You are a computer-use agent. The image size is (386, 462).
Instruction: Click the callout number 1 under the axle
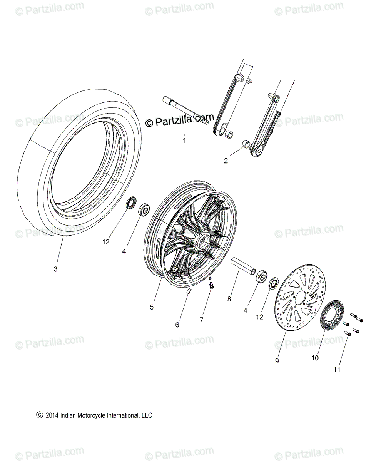(x=184, y=141)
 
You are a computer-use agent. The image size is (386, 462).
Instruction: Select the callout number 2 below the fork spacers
(x=226, y=161)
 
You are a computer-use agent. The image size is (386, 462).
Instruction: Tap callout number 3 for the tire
(x=55, y=269)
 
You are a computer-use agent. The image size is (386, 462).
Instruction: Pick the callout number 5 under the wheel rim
(x=152, y=307)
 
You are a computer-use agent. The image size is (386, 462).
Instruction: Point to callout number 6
(x=177, y=325)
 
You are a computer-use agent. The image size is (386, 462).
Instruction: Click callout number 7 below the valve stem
(x=201, y=319)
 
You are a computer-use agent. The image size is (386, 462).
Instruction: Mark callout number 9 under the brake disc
(x=277, y=361)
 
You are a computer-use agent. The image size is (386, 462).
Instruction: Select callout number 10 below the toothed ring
(x=315, y=358)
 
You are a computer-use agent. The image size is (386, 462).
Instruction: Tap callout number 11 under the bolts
(x=337, y=370)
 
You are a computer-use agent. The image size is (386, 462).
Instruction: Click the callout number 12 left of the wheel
(x=106, y=242)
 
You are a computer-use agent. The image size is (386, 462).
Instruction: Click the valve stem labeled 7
(x=211, y=285)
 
